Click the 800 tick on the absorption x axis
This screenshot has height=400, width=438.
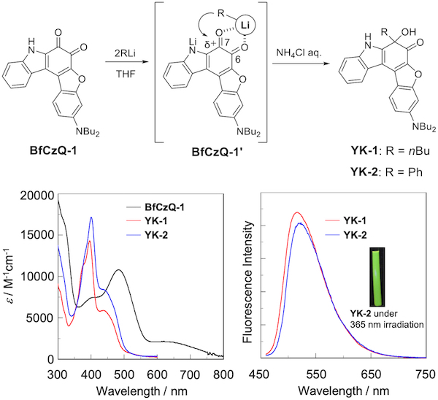click(221, 372)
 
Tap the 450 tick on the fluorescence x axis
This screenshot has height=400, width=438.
click(266, 372)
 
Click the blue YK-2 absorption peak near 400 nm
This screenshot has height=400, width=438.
click(91, 218)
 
